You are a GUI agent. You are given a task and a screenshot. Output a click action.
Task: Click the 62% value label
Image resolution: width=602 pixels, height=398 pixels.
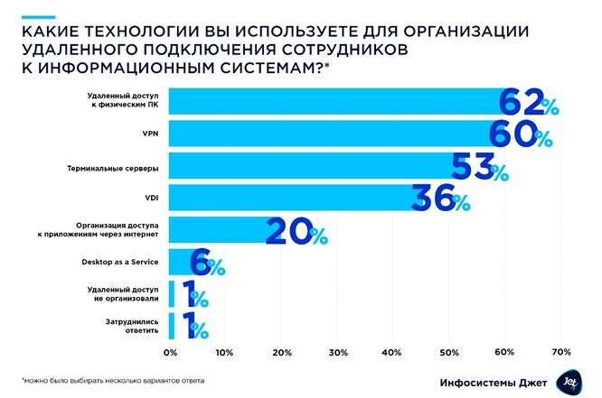(529, 103)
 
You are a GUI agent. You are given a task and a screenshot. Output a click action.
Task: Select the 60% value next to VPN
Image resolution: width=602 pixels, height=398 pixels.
(520, 134)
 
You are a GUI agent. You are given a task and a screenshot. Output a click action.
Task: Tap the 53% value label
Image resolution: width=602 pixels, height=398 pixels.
(480, 166)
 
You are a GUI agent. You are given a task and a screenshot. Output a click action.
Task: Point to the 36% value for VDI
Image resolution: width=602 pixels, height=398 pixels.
(440, 199)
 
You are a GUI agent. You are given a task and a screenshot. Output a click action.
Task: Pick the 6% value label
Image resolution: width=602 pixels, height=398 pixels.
(207, 263)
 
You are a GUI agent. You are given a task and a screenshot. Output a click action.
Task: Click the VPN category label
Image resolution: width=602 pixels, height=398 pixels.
(150, 133)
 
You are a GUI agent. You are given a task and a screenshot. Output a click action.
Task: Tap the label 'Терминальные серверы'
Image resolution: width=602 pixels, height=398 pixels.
(115, 165)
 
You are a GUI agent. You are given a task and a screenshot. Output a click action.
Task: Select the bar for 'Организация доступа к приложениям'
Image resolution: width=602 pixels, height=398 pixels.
(217, 230)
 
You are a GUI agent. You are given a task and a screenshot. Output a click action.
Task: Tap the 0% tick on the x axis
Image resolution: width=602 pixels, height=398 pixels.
(170, 352)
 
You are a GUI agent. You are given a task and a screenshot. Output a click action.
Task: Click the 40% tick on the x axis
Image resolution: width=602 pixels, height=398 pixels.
(392, 352)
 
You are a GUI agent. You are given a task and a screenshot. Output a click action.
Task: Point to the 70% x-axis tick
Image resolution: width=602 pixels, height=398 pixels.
(560, 352)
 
